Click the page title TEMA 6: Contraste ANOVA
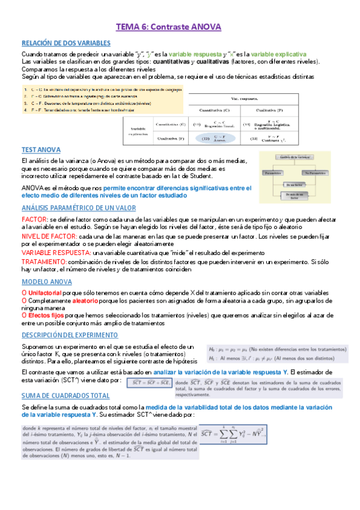(168, 27)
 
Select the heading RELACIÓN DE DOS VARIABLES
(66, 43)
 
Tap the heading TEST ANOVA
(40, 149)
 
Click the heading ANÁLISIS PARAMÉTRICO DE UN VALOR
(79, 207)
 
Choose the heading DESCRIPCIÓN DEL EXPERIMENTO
(70, 334)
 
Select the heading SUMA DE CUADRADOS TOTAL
(66, 396)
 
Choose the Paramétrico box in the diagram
(274, 173)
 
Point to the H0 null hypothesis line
(276, 348)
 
